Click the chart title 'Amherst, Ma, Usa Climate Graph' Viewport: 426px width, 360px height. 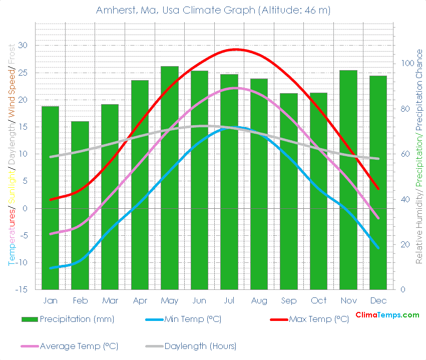click(x=213, y=10)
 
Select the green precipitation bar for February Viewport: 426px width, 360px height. click(x=80, y=205)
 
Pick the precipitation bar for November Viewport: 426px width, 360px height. click(x=348, y=180)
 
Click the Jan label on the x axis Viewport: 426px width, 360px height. click(x=50, y=300)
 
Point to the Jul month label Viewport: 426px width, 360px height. click(x=229, y=300)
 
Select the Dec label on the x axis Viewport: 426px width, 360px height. click(x=378, y=300)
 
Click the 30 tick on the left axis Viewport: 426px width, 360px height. click(x=24, y=46)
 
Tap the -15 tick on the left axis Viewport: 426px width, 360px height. click(x=22, y=290)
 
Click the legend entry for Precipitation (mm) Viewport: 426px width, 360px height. click(x=68, y=319)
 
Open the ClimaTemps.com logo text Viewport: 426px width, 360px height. click(x=387, y=315)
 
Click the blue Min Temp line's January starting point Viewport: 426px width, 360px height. click(x=50, y=268)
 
